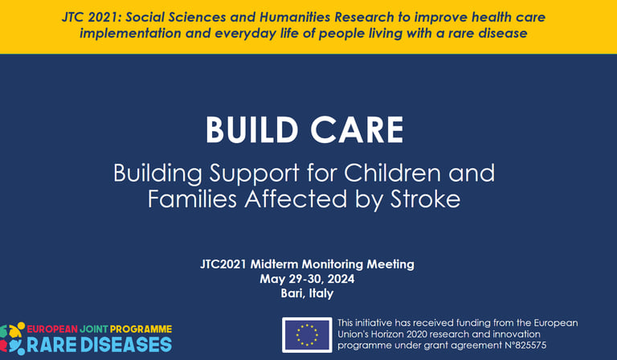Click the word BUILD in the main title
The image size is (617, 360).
pyautogui.click(x=252, y=129)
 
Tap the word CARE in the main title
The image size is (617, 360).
pyautogui.click(x=358, y=129)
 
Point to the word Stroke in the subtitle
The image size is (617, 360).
pyautogui.click(x=425, y=198)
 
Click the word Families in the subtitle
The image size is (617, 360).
pyautogui.click(x=193, y=198)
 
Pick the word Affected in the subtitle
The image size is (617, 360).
pyautogui.click(x=296, y=198)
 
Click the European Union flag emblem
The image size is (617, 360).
pyautogui.click(x=307, y=335)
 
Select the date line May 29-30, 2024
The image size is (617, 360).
pyautogui.click(x=307, y=279)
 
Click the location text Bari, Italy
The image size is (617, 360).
pyautogui.click(x=307, y=293)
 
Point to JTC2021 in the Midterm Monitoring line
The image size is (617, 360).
pyautogui.click(x=223, y=264)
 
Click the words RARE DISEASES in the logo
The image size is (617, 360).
pyautogui.click(x=99, y=345)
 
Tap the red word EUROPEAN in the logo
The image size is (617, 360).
pyautogui.click(x=52, y=329)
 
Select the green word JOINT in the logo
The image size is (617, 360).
pyautogui.click(x=94, y=329)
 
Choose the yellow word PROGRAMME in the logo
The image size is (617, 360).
pyautogui.click(x=141, y=329)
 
